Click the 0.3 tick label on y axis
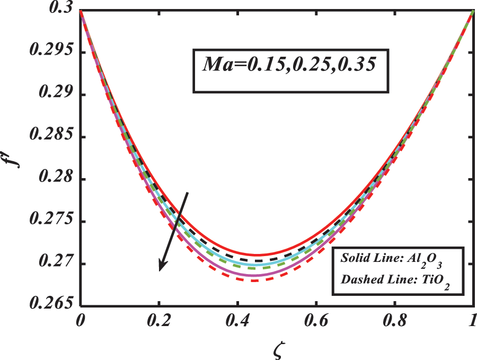[62, 10]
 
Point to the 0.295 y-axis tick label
[53, 52]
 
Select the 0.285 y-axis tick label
[53, 137]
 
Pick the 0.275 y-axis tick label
[53, 222]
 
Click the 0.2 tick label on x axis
[158, 320]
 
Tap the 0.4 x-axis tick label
[237, 320]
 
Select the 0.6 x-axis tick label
[316, 320]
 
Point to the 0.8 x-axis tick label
[395, 320]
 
